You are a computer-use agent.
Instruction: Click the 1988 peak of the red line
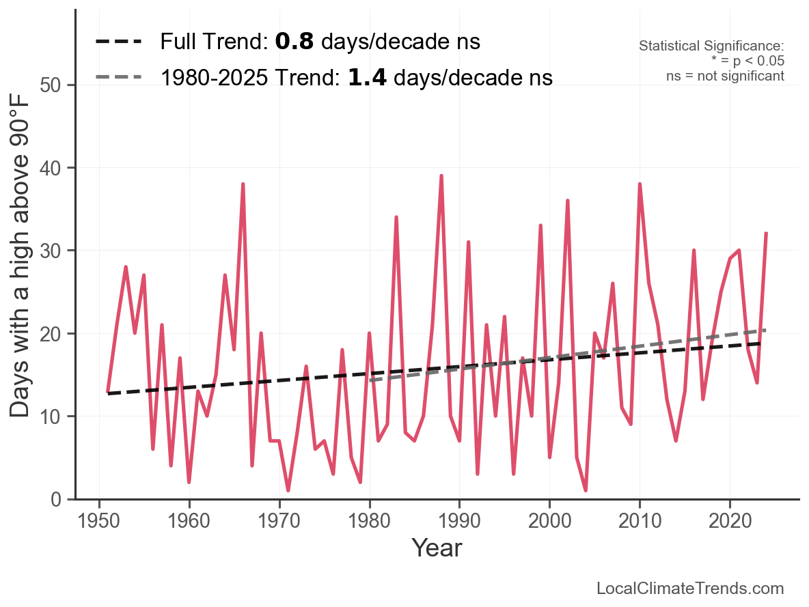point(441,175)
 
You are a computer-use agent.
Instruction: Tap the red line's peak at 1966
point(243,184)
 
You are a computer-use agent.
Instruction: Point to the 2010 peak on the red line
point(640,184)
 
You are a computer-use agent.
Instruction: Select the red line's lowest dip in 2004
point(586,490)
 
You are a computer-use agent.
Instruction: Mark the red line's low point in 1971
point(288,490)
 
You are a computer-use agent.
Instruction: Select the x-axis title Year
point(437,548)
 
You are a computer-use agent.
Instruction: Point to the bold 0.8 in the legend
point(294,42)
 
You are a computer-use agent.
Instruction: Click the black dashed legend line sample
point(118,42)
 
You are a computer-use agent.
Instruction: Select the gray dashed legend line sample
point(118,76)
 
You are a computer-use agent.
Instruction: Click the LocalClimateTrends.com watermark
point(690,589)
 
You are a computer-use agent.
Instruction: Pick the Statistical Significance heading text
point(711,46)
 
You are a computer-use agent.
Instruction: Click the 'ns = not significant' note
point(725,76)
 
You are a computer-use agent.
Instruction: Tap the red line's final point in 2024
point(766,234)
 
